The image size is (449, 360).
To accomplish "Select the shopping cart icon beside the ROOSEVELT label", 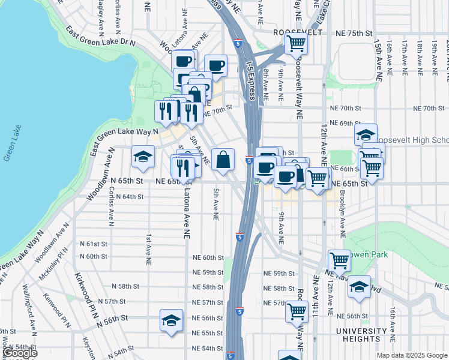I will click(x=295, y=43).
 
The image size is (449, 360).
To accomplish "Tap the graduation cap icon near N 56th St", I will click(x=171, y=320).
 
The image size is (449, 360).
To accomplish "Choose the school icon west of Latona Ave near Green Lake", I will click(x=143, y=157).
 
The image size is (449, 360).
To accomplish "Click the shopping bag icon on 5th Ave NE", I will click(x=223, y=160).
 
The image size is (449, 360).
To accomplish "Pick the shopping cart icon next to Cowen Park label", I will click(x=339, y=260).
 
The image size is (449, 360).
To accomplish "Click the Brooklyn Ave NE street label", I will click(x=342, y=210).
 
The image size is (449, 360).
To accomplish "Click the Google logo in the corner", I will click(x=20, y=353).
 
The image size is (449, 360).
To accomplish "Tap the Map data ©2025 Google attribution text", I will click(x=412, y=355).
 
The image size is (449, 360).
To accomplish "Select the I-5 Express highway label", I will click(x=253, y=80).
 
